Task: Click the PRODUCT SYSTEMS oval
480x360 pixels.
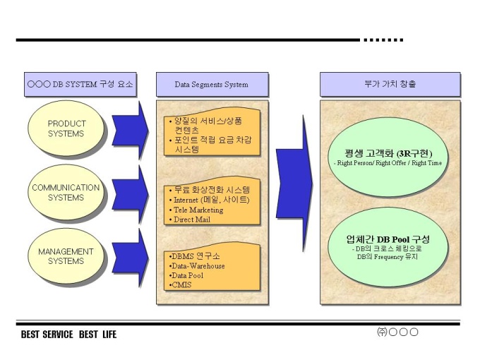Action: [x=66, y=128]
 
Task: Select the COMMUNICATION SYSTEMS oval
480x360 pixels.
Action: [x=66, y=192]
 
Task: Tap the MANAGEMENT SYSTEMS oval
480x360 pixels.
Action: [x=66, y=256]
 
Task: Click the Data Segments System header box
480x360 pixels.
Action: [x=211, y=85]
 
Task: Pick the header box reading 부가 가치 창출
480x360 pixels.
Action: [x=390, y=85]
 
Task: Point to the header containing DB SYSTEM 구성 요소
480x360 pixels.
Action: [x=80, y=85]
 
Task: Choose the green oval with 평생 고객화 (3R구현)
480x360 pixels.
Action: [x=390, y=157]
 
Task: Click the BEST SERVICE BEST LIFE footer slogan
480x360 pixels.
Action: [x=68, y=334]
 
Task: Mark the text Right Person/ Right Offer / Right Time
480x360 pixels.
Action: [x=390, y=163]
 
